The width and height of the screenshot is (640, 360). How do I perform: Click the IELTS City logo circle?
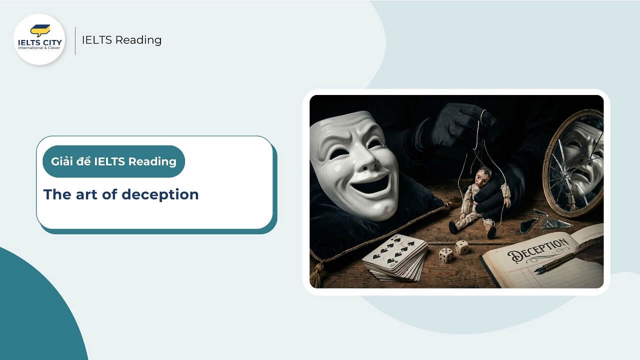[x=39, y=39]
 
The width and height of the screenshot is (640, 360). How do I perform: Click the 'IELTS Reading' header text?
[x=121, y=40]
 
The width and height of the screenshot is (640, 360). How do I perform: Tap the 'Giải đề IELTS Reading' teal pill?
[x=113, y=161]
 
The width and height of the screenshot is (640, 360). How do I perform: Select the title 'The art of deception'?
[x=121, y=194]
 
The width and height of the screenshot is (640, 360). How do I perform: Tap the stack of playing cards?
[x=395, y=258]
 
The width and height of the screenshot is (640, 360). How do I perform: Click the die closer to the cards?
[x=445, y=255]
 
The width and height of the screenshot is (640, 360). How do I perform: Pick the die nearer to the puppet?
[x=462, y=247]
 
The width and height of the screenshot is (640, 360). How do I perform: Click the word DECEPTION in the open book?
[x=537, y=250]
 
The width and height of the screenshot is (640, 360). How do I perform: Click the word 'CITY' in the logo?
[x=51, y=42]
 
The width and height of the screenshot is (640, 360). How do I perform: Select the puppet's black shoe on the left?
[x=453, y=228]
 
